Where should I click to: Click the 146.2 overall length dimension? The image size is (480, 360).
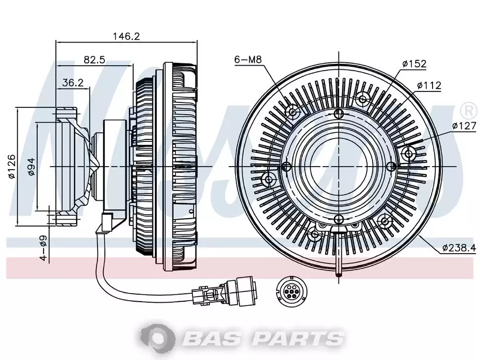[x=126, y=36]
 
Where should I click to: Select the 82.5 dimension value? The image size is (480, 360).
[x=95, y=59]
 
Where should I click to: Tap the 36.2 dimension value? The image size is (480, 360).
[x=73, y=83]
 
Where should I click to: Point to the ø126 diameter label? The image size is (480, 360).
[x=11, y=166]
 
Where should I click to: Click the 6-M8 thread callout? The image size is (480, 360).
[x=248, y=59]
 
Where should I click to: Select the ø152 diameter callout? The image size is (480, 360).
[x=414, y=64]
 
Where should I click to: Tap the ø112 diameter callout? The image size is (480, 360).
[x=429, y=86]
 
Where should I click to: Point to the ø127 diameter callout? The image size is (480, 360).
[x=464, y=126]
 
